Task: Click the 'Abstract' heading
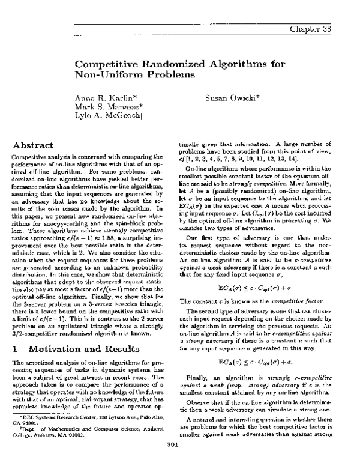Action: [x=40, y=145]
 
